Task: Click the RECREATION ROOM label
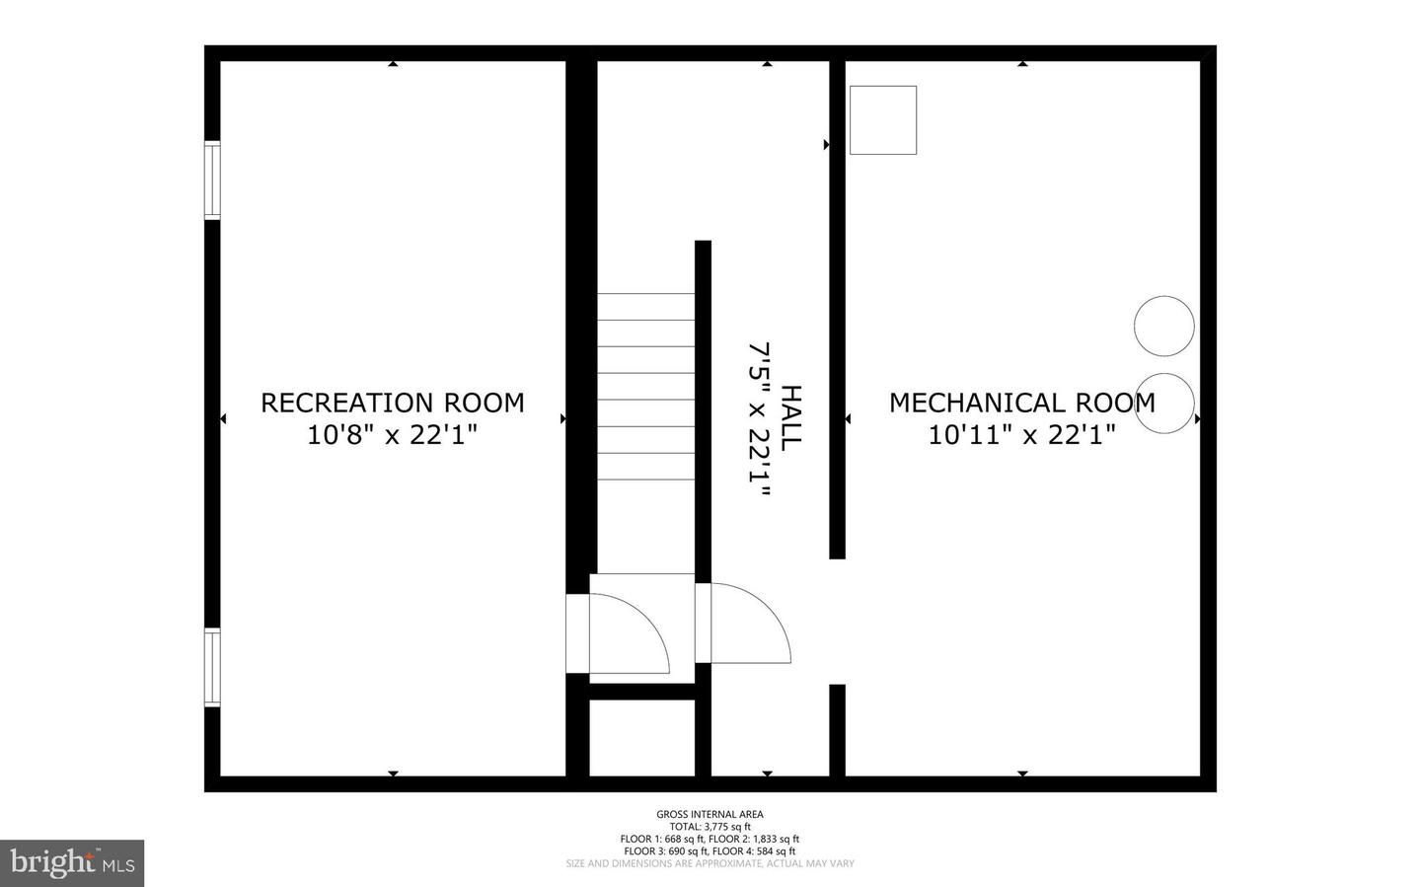[x=392, y=403]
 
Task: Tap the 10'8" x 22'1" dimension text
[x=392, y=435]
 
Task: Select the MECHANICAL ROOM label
[x=1021, y=403]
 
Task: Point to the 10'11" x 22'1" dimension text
[x=1021, y=435]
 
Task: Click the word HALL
[x=791, y=418]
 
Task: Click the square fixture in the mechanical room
[x=883, y=119]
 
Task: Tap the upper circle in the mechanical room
[x=1164, y=326]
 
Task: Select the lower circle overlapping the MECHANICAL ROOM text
[x=1165, y=403]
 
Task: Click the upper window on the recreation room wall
[x=212, y=180]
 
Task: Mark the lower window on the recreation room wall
[x=212, y=667]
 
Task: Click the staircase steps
[x=645, y=386]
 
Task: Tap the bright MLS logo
[x=72, y=863]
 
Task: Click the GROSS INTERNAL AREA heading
[x=710, y=814]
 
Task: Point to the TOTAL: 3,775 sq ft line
[x=710, y=827]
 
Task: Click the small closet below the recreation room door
[x=641, y=738]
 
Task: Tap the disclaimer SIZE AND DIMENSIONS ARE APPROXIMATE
[x=710, y=864]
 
